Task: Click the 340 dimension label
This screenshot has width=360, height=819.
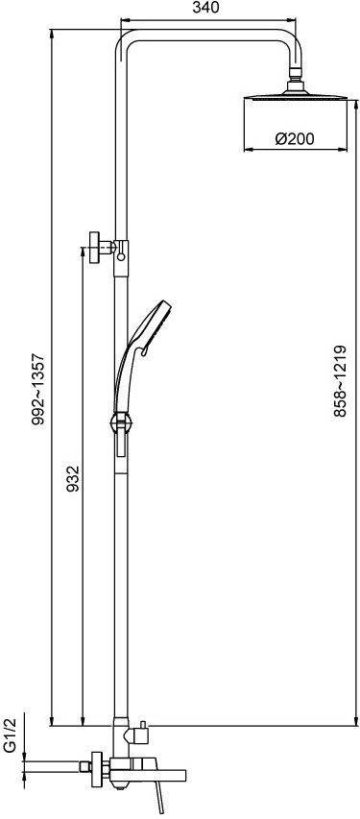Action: (205, 8)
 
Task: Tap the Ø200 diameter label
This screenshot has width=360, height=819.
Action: (295, 139)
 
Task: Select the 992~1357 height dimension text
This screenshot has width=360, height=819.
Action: (38, 389)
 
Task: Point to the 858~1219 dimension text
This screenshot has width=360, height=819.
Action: (340, 381)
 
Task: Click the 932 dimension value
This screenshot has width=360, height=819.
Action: (73, 479)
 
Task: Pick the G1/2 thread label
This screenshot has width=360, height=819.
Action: (11, 735)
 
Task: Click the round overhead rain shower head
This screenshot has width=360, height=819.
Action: (296, 96)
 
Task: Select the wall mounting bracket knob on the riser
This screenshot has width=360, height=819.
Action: (95, 247)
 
